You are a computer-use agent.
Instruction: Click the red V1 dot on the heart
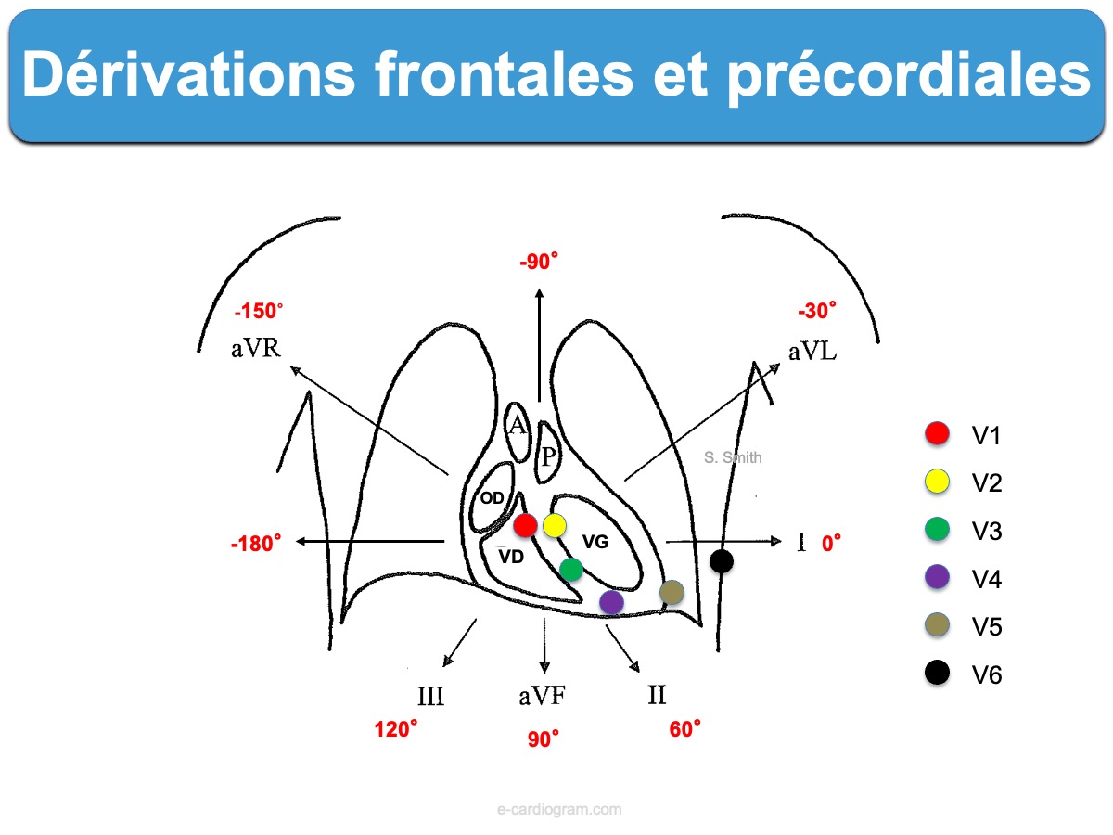tap(525, 525)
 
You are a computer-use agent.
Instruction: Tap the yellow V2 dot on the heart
tap(555, 525)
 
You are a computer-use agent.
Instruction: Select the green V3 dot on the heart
tap(571, 569)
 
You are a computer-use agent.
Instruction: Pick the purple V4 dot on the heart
tap(611, 602)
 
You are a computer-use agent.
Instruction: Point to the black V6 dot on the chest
tap(721, 561)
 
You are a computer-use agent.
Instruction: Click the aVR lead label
tap(256, 348)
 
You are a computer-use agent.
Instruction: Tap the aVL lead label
tap(812, 352)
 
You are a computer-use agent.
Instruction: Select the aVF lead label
tap(542, 696)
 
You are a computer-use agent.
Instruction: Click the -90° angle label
tap(539, 262)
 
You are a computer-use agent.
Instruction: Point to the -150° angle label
tap(259, 311)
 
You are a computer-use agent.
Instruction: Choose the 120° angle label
tap(395, 729)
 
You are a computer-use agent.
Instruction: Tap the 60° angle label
tap(684, 729)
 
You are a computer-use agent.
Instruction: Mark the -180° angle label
tap(256, 544)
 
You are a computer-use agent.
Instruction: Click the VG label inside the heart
tap(595, 542)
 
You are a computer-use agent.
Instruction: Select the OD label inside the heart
tap(492, 498)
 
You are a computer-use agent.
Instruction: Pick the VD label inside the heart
tap(511, 558)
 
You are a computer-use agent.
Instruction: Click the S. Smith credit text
tap(733, 457)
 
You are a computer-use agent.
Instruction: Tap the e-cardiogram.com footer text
tap(559, 809)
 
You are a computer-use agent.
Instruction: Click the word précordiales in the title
tap(908, 76)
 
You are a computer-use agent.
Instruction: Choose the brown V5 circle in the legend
tap(937, 625)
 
